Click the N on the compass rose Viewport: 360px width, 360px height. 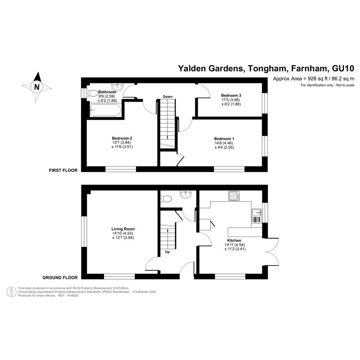click(x=37, y=86)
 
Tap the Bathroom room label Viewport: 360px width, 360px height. click(x=107, y=92)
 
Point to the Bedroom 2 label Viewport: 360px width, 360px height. click(x=122, y=138)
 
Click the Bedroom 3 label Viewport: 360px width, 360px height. click(x=231, y=95)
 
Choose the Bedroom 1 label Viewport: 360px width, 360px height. click(x=224, y=138)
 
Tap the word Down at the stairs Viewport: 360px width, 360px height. click(x=168, y=97)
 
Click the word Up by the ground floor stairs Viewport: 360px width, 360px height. click(x=167, y=252)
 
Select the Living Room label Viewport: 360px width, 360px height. click(x=123, y=229)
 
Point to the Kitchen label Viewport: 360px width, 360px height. click(x=234, y=240)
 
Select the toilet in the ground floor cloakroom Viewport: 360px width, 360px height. click(x=166, y=198)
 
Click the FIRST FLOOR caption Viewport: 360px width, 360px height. click(x=63, y=170)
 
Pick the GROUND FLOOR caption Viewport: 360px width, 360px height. click(x=60, y=278)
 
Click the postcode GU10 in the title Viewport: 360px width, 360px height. click(x=343, y=69)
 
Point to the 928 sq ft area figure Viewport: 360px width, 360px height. click(x=309, y=78)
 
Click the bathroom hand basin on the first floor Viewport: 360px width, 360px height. click(x=117, y=86)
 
